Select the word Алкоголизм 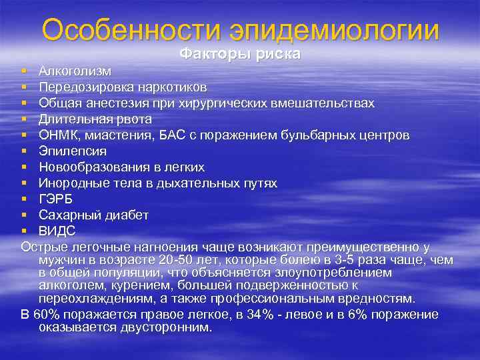[x=75, y=71]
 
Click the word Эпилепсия [x=72, y=151]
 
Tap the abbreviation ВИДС [x=57, y=231]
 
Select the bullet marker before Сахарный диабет [x=24, y=215]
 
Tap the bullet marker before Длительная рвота [x=24, y=119]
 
